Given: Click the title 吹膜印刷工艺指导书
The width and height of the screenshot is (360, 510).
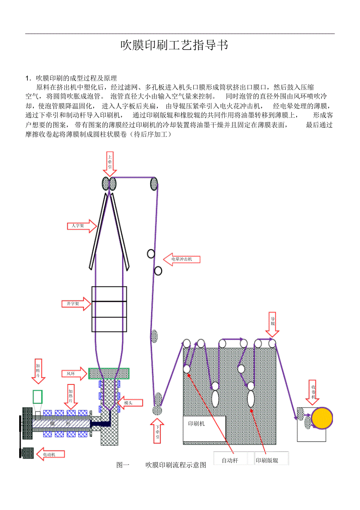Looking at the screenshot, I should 174,45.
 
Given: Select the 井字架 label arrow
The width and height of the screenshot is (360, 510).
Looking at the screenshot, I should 76,304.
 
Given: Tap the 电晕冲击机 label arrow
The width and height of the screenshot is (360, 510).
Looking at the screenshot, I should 182,259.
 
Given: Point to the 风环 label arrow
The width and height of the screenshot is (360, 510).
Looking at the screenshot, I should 74,374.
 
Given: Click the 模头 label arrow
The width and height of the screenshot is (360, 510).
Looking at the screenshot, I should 130,403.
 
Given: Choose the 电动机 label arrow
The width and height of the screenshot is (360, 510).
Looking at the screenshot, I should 50,454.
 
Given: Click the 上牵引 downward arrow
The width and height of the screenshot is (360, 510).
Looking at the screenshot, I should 110,164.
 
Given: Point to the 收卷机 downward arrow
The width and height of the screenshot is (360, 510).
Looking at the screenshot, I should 313,392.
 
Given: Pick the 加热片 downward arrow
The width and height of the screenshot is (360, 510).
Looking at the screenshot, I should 71,396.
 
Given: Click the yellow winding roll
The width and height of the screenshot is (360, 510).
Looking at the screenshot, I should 321,418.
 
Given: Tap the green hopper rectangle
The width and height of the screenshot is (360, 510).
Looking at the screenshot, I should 38,396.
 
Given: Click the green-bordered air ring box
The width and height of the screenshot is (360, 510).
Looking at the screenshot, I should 109,373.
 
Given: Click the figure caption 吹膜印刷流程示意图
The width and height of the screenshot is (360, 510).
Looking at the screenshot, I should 175,465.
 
